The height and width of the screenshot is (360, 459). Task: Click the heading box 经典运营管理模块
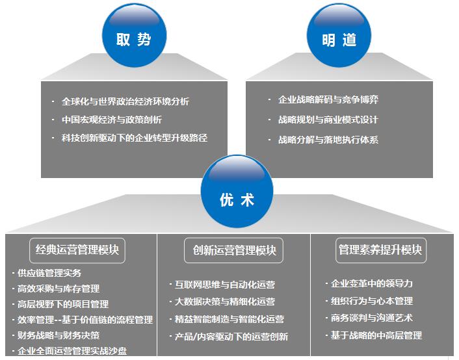[77, 250]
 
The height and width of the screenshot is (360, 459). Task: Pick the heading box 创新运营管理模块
[234, 250]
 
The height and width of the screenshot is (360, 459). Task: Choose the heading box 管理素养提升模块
[381, 250]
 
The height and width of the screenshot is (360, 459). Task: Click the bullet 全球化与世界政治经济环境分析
[125, 102]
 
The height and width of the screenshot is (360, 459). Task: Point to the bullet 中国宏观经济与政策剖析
[112, 120]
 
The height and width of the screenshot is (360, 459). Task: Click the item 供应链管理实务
[49, 273]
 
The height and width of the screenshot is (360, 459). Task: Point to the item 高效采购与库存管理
[59, 289]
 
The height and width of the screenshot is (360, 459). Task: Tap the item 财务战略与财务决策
[59, 335]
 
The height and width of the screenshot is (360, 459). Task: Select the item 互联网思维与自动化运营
[225, 285]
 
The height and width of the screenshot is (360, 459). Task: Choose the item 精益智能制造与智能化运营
[229, 319]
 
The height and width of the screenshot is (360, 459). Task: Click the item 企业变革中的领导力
[372, 283]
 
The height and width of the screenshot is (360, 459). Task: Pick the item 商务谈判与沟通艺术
[372, 318]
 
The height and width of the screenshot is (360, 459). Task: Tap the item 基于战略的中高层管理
[376, 335]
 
